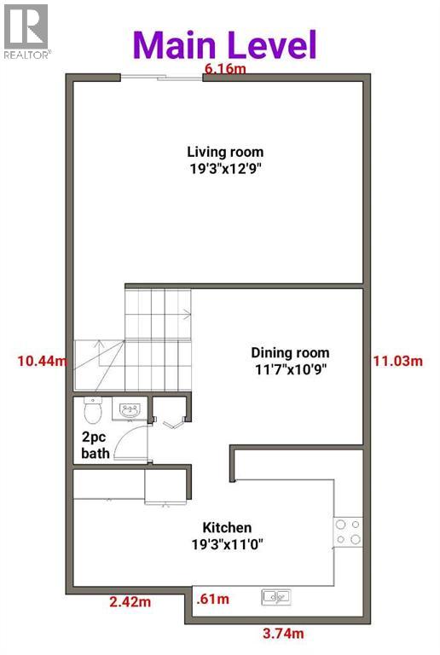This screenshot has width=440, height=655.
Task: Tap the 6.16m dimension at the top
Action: coord(223,69)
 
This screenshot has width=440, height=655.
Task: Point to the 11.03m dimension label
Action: coord(398,361)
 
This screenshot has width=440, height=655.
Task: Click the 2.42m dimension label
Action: coord(130,602)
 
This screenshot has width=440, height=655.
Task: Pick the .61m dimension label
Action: coord(212,599)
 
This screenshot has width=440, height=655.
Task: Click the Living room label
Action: coord(224,153)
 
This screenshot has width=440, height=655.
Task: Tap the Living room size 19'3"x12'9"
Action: coord(224,169)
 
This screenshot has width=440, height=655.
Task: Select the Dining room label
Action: coord(289,352)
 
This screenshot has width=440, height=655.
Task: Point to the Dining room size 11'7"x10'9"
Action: coord(289,368)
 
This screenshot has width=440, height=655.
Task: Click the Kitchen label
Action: coord(227,528)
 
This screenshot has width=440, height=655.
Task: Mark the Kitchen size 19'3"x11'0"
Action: coord(227,544)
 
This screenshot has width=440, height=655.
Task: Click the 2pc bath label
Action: coord(95,446)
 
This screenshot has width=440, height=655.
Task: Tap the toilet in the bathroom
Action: coord(94,412)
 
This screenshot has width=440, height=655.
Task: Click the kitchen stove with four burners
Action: coord(347,532)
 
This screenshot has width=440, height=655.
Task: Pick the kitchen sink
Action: coord(276,595)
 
